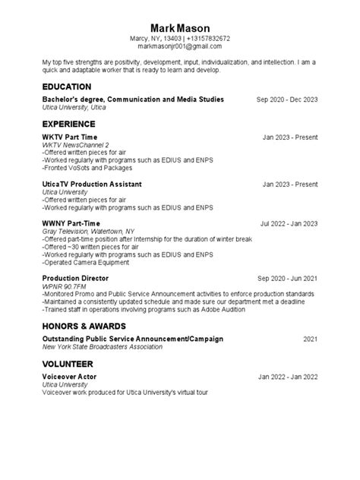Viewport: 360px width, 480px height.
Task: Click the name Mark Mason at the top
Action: pyautogui.click(x=179, y=27)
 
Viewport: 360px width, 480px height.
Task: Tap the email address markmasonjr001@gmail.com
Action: pyautogui.click(x=179, y=47)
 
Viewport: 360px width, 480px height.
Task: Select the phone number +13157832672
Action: pyautogui.click(x=208, y=38)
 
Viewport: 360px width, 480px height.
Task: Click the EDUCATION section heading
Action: pyautogui.click(x=67, y=87)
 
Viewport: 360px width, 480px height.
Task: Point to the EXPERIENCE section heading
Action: pyautogui.click(x=68, y=123)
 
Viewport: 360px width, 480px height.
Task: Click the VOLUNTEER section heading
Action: pyautogui.click(x=68, y=362)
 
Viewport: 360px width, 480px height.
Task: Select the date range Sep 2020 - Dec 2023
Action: pyautogui.click(x=287, y=99)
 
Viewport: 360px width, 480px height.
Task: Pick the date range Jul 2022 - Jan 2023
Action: pyautogui.click(x=289, y=224)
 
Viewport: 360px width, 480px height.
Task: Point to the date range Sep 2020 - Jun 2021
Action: pyautogui.click(x=287, y=279)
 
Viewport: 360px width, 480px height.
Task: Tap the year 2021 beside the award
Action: pyautogui.click(x=310, y=339)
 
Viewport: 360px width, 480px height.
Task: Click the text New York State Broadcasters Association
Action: pyautogui.click(x=103, y=346)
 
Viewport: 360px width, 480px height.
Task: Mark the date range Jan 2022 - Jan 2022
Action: pyautogui.click(x=288, y=376)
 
